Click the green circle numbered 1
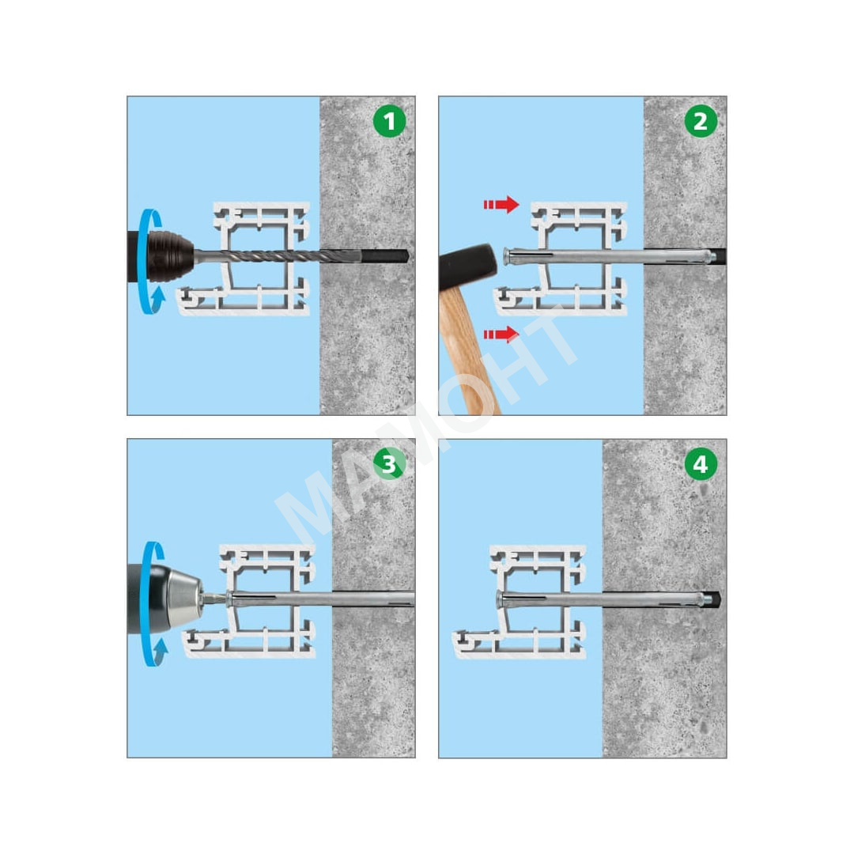[389, 121]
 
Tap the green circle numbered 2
[701, 121]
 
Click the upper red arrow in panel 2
[501, 204]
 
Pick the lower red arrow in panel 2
[501, 334]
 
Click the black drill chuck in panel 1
[170, 256]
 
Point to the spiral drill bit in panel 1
[278, 255]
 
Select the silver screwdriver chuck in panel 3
[185, 598]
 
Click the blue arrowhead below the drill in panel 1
[158, 297]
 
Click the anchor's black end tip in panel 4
[712, 599]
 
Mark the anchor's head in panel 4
[500, 599]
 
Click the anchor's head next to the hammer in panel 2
[507, 256]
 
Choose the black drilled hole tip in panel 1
[384, 255]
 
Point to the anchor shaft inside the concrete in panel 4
[654, 599]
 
